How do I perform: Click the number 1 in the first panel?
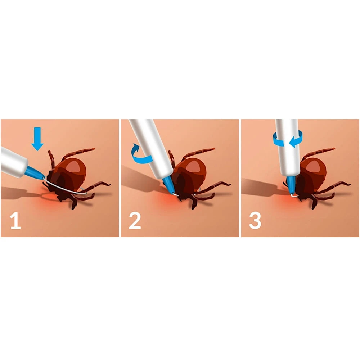15,221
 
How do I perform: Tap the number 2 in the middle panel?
135,221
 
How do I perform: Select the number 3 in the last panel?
255,221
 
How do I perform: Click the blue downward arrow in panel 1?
37,139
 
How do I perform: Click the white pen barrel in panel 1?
13,162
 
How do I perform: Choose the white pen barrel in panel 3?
288,147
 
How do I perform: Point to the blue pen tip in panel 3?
291,185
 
